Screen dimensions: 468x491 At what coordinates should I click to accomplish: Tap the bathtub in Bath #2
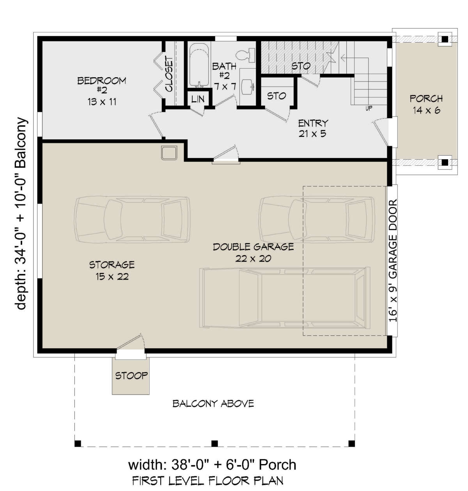click(x=199, y=66)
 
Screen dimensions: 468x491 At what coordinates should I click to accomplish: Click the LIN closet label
click(x=198, y=99)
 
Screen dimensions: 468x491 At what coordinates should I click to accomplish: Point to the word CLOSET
click(x=169, y=74)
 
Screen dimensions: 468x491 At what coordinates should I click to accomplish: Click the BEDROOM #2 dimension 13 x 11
click(x=102, y=102)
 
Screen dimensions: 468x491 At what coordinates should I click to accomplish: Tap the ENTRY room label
click(x=313, y=123)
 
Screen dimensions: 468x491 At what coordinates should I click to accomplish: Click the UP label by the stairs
click(x=369, y=108)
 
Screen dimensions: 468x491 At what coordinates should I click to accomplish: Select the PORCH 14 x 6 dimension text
click(x=426, y=110)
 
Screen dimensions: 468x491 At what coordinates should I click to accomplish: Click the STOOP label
click(x=131, y=376)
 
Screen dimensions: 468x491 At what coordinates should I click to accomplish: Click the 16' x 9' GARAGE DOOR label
click(x=393, y=260)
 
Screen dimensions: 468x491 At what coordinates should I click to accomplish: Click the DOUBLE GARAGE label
click(x=253, y=247)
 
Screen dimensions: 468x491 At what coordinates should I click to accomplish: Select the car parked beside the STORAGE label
click(x=132, y=220)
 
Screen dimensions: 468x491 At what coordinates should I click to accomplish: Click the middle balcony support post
click(x=214, y=443)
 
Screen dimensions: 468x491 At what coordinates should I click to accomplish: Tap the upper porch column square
click(x=445, y=39)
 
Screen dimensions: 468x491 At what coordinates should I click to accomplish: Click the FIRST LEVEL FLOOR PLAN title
click(x=207, y=480)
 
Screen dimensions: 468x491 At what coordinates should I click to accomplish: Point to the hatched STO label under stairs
click(x=301, y=66)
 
